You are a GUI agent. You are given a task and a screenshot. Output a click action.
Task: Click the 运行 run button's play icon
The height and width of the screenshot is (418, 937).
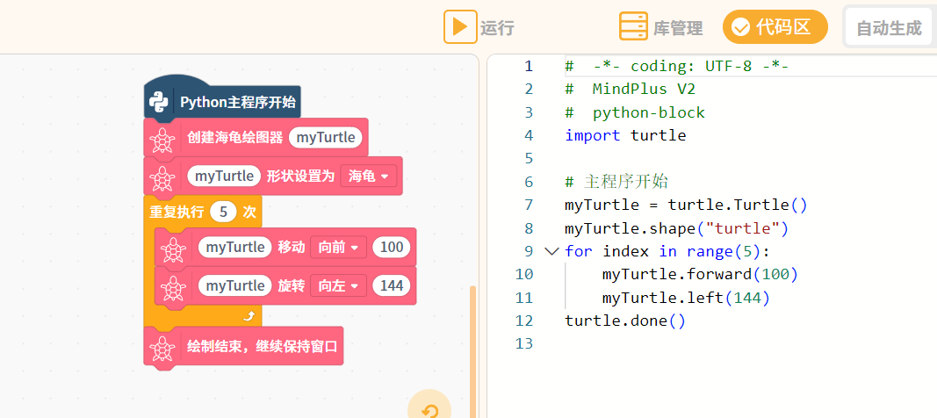pos(460,27)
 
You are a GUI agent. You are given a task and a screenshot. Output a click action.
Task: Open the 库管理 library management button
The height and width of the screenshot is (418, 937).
pos(661,27)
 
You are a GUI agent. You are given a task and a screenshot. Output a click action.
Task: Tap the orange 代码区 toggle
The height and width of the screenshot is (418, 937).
pos(775,27)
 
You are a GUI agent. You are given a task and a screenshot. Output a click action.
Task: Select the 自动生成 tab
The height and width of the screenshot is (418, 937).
pos(889,28)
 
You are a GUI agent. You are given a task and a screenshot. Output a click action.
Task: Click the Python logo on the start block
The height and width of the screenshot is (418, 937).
pos(159,102)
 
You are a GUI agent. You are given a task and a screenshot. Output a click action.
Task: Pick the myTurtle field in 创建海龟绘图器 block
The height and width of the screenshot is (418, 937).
pos(326,138)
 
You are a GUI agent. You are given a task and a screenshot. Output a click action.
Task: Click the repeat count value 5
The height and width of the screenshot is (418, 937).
pos(224,212)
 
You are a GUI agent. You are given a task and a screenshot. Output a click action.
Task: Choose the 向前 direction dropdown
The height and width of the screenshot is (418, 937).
pos(338,248)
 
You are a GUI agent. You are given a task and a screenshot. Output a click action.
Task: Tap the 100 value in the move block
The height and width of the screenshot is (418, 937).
pos(392,248)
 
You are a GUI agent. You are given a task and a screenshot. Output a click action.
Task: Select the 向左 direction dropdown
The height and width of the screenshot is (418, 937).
pos(338,286)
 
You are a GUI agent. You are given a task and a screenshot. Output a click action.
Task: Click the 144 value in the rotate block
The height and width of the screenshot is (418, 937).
pos(392,286)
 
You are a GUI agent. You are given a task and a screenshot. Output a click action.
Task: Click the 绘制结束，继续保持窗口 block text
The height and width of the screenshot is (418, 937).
pos(263,346)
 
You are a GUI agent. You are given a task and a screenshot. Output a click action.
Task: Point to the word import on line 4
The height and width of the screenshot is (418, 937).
pos(593,135)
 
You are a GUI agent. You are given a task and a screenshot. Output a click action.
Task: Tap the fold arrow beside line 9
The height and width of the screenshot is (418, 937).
pos(551,251)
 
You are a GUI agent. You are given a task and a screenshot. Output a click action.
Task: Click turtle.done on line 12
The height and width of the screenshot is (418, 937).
pos(616,321)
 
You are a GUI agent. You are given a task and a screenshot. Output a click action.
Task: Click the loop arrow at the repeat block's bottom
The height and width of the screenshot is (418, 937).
pos(249,316)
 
